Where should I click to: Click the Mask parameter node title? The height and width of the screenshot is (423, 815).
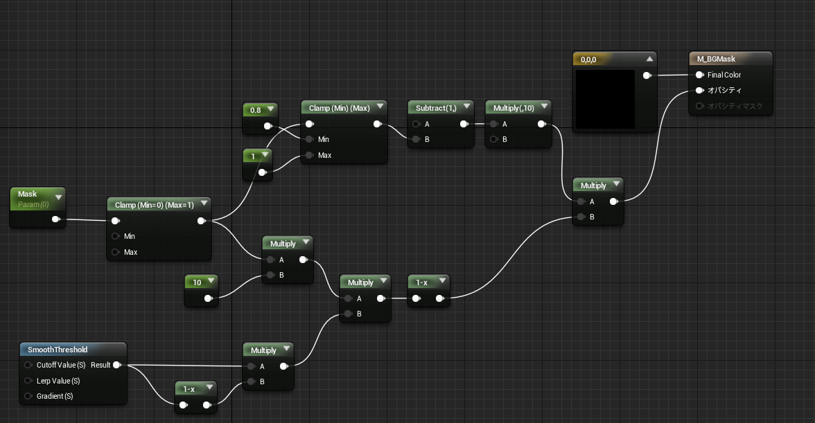pos(28,194)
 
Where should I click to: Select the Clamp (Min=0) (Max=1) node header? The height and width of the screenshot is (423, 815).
pos(155,204)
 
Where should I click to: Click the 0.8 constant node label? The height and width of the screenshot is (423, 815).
pos(255,110)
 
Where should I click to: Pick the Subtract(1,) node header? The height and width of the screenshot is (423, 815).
pos(436,108)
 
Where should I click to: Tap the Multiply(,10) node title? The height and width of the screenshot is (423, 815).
pos(514,108)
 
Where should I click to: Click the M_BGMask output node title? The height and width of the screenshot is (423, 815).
pos(717,59)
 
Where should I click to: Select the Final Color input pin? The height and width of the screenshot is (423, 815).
pos(700,75)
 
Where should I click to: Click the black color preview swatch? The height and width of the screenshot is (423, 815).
pos(605,99)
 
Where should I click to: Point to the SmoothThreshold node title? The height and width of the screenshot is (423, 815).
pos(58,350)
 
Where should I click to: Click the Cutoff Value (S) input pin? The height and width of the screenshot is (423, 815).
pos(28,365)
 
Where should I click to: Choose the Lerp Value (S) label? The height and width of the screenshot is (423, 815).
pos(58,381)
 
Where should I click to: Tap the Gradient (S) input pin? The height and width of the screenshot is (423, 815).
pos(28,396)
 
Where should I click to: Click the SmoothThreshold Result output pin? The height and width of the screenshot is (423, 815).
pos(117,365)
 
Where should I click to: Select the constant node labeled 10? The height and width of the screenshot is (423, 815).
pos(202,291)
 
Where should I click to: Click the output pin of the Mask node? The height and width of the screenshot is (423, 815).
pos(55,219)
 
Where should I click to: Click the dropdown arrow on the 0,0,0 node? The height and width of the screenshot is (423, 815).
pos(649,59)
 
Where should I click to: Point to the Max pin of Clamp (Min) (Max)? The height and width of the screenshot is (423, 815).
pos(310,155)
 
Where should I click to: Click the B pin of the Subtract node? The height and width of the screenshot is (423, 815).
pos(416,139)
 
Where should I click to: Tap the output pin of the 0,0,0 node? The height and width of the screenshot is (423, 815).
pos(647,75)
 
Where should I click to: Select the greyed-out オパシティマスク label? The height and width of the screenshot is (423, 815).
pos(735,106)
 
